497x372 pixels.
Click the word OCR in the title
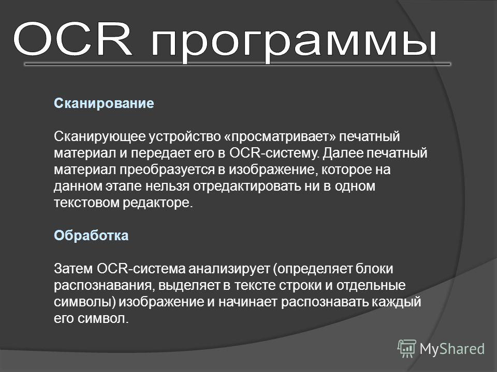click(x=72, y=39)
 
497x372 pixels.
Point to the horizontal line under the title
click(x=238, y=64)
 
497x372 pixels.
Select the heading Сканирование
click(x=104, y=103)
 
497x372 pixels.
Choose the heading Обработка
click(x=91, y=236)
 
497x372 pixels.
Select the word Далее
click(x=343, y=153)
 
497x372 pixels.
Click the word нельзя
click(x=167, y=186)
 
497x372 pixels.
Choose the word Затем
click(x=73, y=269)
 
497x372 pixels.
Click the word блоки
click(x=374, y=269)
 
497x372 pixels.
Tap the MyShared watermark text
click(x=452, y=349)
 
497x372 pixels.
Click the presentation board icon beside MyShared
click(x=407, y=348)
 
